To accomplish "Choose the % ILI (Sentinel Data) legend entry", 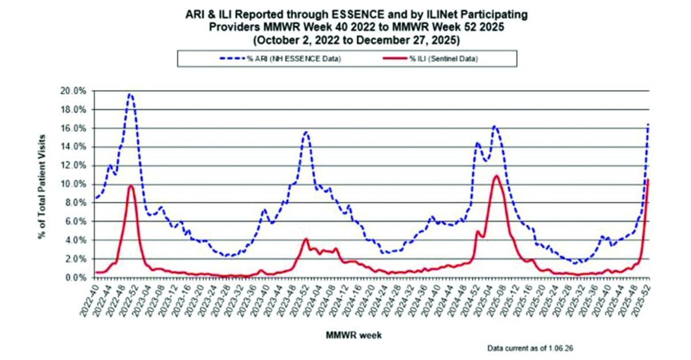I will (443, 59).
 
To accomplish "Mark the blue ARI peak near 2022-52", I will (130, 94).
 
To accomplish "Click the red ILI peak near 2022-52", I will (131, 185).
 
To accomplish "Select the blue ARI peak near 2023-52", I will (306, 132).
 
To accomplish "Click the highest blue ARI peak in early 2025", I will (494, 126).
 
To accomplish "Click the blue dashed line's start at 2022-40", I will (96, 198).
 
